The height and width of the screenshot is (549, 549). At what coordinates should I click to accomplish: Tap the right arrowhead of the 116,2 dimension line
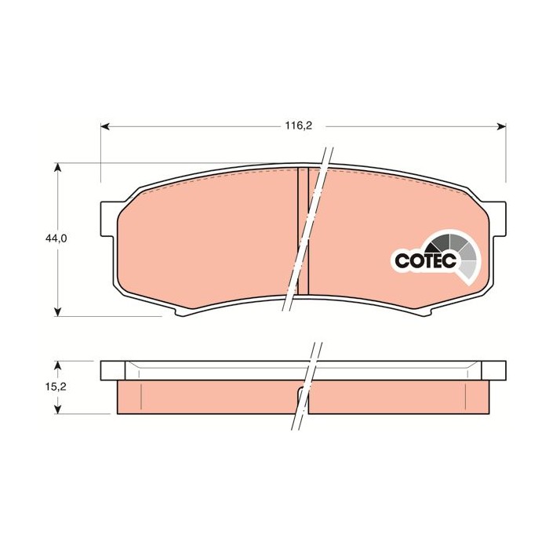[500, 125]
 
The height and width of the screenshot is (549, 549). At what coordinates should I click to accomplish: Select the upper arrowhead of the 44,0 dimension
[58, 168]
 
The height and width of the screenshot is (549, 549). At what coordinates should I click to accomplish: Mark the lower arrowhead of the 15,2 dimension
[58, 409]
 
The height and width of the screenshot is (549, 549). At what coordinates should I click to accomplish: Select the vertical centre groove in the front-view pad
[303, 231]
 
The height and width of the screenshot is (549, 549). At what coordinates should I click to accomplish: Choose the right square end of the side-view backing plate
[493, 369]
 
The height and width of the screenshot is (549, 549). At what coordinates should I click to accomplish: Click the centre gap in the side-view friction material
[303, 400]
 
